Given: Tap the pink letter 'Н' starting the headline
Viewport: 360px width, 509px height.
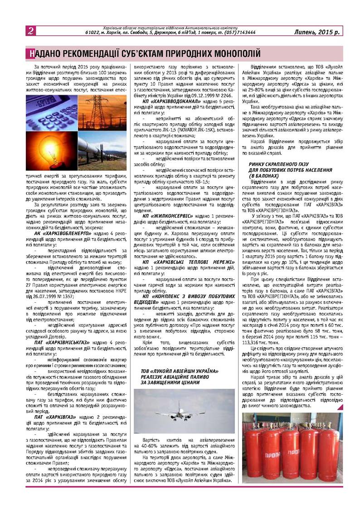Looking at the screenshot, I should click(30, 53).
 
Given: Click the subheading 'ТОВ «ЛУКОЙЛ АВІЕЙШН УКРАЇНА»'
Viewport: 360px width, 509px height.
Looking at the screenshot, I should click(180, 371).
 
